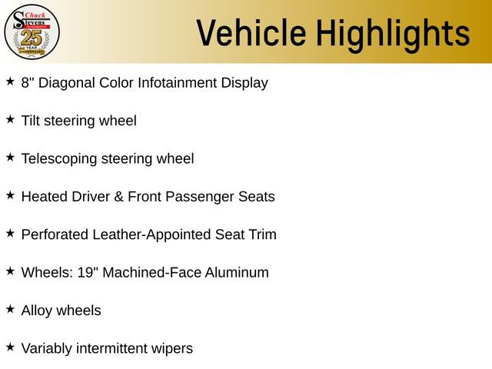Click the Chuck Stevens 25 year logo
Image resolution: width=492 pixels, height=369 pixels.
tap(32, 32)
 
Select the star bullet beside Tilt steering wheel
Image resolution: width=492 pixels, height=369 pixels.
tap(10, 119)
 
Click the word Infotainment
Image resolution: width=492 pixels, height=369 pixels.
tap(179, 83)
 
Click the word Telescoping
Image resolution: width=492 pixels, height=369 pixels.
tap(59, 158)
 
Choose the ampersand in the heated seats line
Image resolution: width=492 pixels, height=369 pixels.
tap(119, 197)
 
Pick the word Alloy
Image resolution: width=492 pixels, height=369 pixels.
tap(37, 311)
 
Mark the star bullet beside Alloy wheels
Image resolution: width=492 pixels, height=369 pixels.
tap(10, 309)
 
